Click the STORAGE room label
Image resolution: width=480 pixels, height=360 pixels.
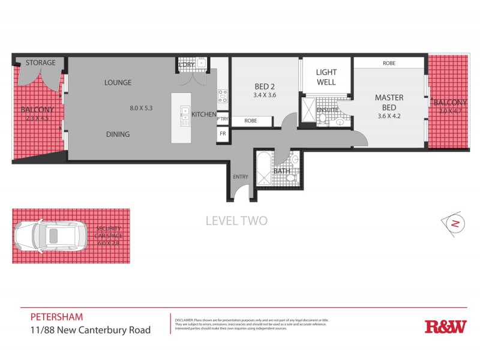(40, 62)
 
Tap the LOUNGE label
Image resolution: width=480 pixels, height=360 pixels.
(118, 82)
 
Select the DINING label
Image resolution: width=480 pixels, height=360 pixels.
(118, 134)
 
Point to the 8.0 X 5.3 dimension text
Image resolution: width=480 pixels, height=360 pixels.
(142, 109)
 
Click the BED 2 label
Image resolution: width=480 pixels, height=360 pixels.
(265, 85)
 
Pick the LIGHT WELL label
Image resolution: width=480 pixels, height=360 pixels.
(326, 77)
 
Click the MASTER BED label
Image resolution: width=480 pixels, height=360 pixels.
(389, 102)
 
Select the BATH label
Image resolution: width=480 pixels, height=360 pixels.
(281, 171)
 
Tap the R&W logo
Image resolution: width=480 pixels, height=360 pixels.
(445, 326)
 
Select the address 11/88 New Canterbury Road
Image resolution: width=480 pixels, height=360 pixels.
(90, 329)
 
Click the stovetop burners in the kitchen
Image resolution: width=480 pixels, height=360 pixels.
(222, 96)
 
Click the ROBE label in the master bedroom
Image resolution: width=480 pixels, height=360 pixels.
(390, 62)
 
